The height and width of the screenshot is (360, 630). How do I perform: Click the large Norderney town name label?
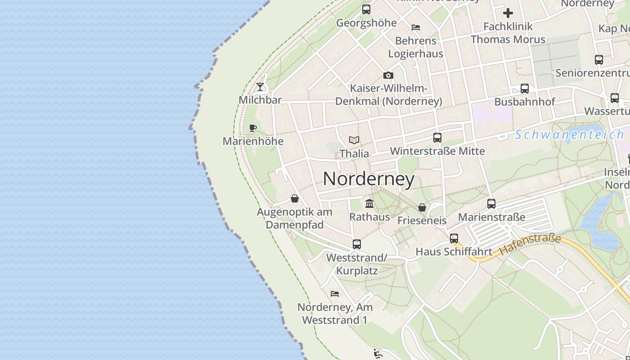[x=369, y=179]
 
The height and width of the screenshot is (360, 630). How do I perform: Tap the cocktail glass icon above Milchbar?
[x=260, y=86]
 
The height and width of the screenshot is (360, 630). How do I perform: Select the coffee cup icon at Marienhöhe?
[x=253, y=128]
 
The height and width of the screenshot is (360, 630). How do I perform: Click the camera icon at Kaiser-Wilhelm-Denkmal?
[x=388, y=75]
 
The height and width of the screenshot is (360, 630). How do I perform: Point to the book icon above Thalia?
[x=354, y=140]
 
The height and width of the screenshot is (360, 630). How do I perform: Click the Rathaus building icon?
[x=369, y=203]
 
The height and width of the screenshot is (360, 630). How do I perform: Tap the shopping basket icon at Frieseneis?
[x=422, y=207]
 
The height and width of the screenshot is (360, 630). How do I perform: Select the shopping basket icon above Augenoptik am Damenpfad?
[x=295, y=198]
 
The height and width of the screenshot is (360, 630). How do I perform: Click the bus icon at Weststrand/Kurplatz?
[x=357, y=244]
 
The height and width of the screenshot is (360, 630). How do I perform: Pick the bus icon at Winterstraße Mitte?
[x=437, y=138]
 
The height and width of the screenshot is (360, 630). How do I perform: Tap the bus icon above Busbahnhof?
[x=524, y=89]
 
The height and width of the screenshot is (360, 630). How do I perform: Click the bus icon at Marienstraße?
[x=491, y=204]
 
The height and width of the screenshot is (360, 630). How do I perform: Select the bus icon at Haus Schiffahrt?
[x=454, y=238]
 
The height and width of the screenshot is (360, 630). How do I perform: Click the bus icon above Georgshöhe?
[x=366, y=9]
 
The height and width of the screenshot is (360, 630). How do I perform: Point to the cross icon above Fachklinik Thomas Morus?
[x=508, y=13]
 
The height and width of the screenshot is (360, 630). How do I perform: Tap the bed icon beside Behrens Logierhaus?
[x=416, y=27]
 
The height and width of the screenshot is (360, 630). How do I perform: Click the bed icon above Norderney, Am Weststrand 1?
[x=334, y=294]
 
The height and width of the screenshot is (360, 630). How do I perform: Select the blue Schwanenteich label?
[x=569, y=135]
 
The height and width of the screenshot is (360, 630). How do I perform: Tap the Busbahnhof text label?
[x=525, y=102]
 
